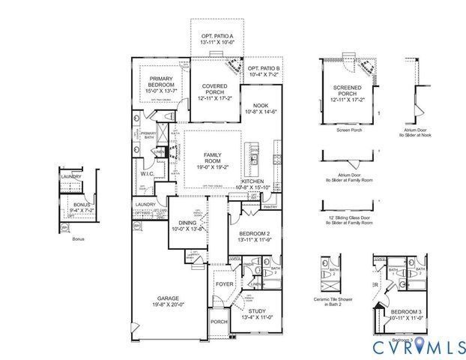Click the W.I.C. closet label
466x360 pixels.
tap(148, 174)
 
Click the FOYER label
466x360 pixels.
tap(224, 284)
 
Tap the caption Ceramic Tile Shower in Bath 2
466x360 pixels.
tap(333, 303)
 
